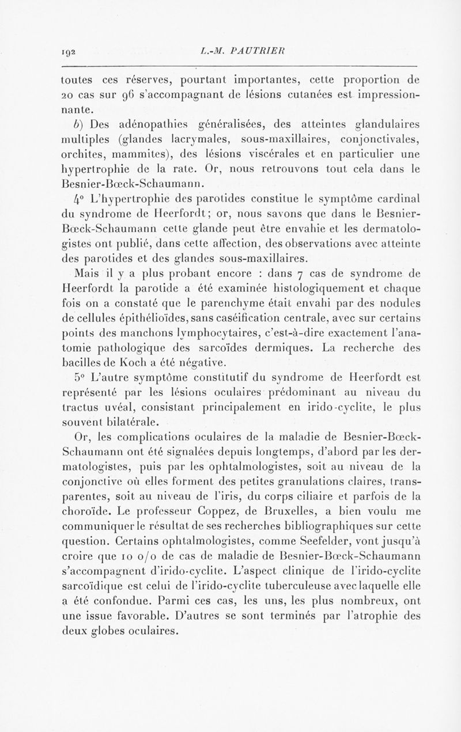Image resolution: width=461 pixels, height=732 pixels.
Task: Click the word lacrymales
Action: (186, 138)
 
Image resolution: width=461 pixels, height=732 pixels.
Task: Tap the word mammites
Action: (142, 154)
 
